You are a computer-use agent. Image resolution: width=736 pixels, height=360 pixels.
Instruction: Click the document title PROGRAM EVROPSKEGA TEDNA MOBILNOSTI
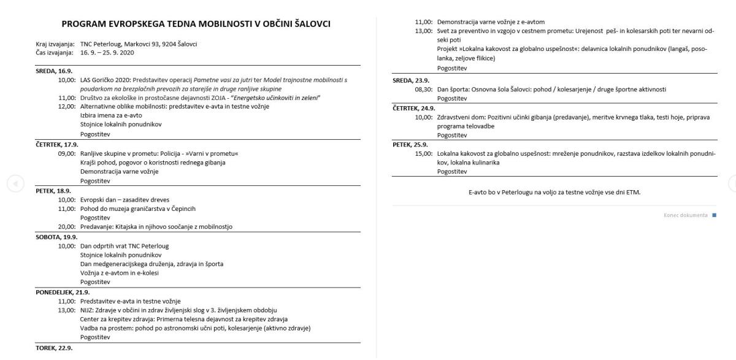point(196,24)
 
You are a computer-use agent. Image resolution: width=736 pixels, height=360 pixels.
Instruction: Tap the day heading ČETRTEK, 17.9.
point(56,145)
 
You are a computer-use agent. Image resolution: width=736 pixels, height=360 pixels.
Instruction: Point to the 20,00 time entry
point(67,227)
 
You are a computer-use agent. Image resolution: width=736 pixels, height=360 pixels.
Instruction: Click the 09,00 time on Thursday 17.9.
point(67,153)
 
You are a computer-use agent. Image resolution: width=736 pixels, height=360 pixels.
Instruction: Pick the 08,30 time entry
point(424,89)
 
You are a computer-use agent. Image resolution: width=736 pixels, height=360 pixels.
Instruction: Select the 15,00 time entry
point(424,153)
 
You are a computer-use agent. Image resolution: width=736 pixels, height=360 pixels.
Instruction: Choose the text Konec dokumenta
point(685,215)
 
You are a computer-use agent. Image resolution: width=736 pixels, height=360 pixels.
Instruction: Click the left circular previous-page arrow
point(16,183)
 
